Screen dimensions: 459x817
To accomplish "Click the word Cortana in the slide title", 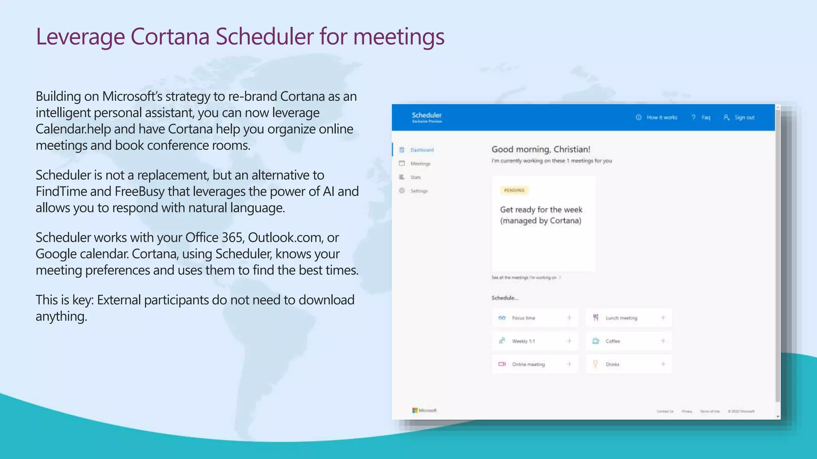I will tap(170, 37).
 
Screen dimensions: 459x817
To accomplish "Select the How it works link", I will tap(661, 118).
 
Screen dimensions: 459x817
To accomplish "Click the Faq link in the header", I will tap(705, 118).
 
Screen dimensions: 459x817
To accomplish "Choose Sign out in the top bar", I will tap(744, 118).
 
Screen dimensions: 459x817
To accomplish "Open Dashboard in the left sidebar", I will tap(422, 150).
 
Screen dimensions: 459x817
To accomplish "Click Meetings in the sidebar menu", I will tap(420, 164).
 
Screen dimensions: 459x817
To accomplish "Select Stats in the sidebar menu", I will tap(415, 177).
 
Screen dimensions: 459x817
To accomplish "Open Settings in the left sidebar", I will tap(419, 191).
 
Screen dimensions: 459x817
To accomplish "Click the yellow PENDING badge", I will tap(514, 190).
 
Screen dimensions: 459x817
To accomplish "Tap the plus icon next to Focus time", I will tap(569, 318).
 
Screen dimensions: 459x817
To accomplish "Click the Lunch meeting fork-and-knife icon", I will tap(596, 318).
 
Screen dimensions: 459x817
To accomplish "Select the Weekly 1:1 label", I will tap(523, 341).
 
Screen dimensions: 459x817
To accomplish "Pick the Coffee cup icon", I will tap(596, 341).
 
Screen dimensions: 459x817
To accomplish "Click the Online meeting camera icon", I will tap(502, 364).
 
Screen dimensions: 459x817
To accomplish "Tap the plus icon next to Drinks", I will tap(663, 364).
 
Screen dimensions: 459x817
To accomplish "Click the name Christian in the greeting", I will tap(571, 149).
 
